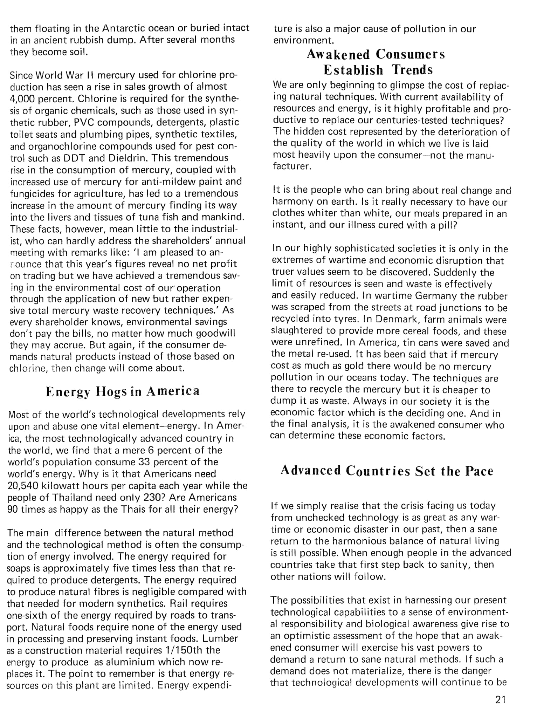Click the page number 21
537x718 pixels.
501,700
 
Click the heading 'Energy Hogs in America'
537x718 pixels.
123,391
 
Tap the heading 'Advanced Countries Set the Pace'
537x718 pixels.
387,471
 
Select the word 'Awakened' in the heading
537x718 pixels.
338,54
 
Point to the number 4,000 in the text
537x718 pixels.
22,98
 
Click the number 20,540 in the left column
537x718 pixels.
23,486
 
